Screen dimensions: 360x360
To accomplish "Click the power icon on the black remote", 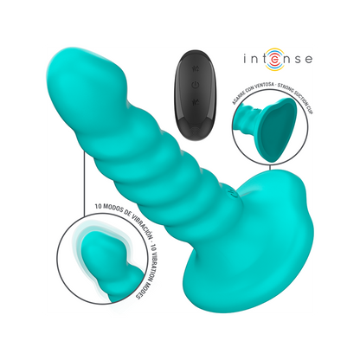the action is (196, 85).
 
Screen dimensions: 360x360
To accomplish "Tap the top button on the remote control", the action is (196, 68).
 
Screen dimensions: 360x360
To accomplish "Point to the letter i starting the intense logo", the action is (246, 59).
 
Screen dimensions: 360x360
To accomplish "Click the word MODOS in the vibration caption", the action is (114, 209).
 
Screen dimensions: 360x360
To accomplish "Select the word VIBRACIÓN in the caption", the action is (142, 222).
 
